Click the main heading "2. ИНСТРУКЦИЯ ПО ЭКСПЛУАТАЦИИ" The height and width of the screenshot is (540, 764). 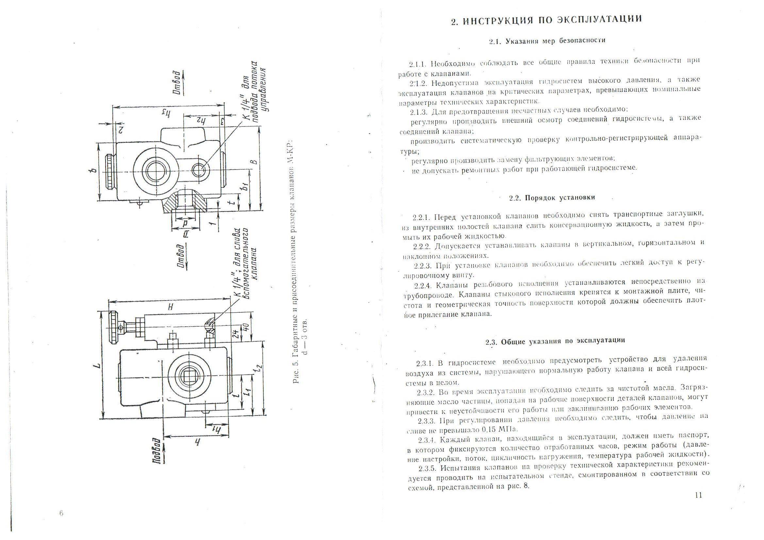(x=546, y=20)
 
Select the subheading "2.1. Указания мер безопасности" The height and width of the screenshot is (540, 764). (x=547, y=41)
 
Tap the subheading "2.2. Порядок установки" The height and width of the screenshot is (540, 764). (x=552, y=198)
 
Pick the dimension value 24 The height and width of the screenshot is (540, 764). (x=235, y=334)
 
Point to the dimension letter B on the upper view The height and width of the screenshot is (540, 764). (x=254, y=162)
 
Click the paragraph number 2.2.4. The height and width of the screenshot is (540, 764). (x=423, y=286)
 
